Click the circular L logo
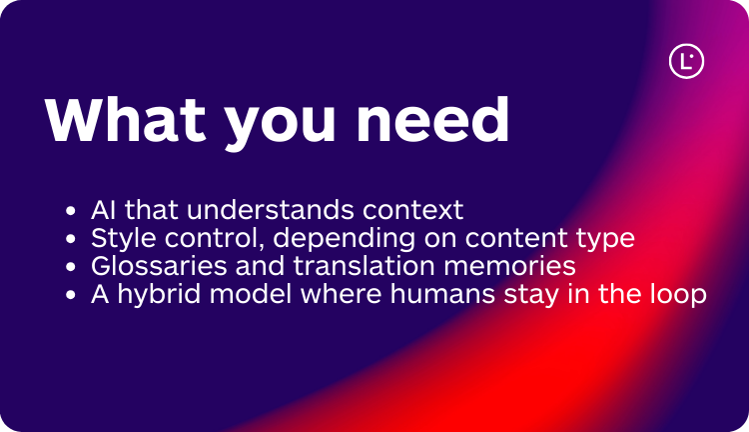point(686,62)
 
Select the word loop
point(680,296)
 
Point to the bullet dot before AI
point(70,212)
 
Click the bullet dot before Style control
point(70,240)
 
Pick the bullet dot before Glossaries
point(70,268)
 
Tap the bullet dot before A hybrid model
point(70,296)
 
